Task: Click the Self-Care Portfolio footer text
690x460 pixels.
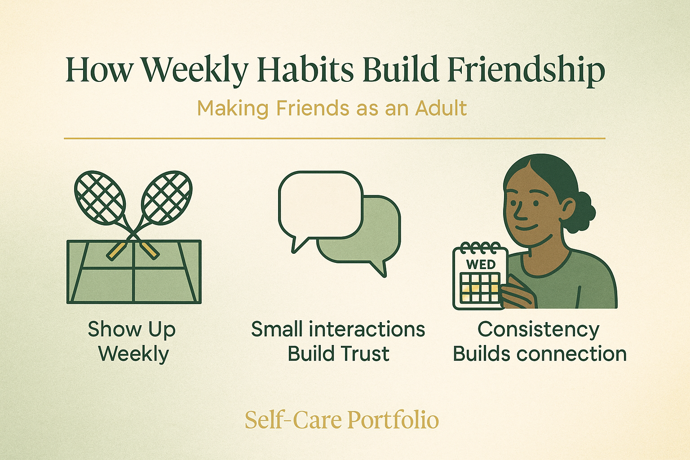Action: click(341, 420)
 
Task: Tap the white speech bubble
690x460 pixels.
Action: click(320, 204)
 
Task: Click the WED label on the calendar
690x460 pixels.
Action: click(481, 265)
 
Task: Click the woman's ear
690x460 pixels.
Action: click(567, 209)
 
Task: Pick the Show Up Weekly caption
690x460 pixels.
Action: click(132, 341)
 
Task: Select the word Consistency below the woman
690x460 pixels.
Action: click(538, 329)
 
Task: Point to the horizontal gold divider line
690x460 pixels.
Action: click(334, 138)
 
